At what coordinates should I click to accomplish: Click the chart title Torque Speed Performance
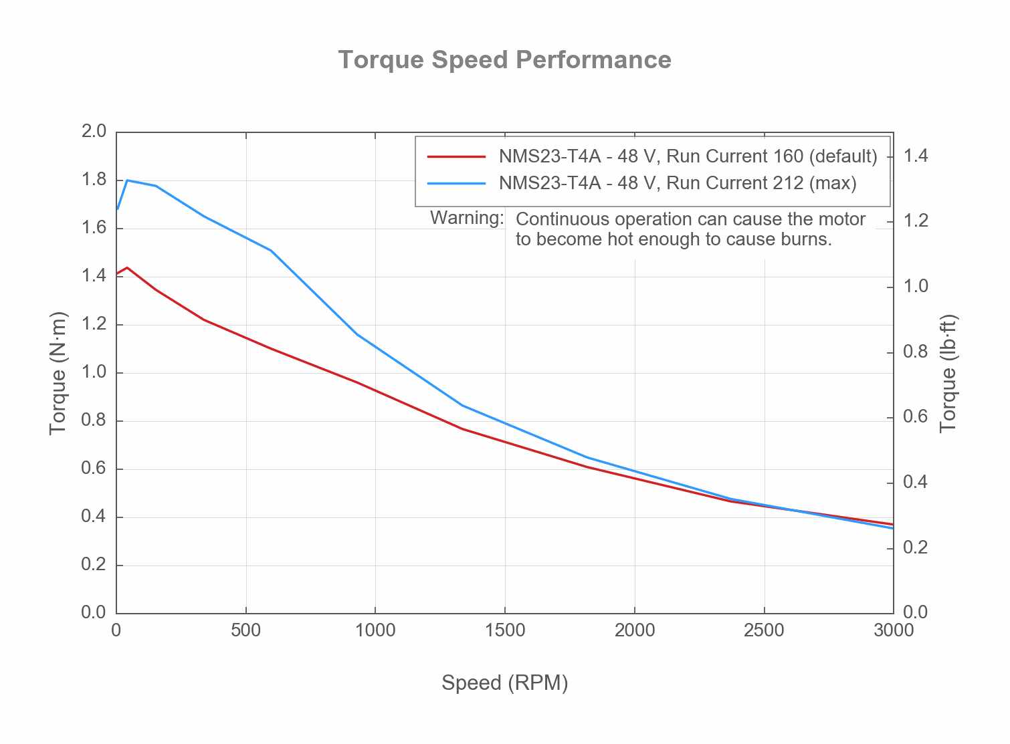[x=504, y=60]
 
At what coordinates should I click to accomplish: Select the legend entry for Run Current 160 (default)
[x=688, y=156]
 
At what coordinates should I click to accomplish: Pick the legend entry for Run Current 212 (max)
[x=677, y=183]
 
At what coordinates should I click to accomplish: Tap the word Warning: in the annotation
[x=467, y=218]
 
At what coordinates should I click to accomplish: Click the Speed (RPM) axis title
[x=504, y=683]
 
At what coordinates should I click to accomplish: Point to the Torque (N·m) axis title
[x=58, y=373]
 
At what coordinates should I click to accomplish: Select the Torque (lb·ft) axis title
[x=948, y=373]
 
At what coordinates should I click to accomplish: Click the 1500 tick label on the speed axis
[x=505, y=631]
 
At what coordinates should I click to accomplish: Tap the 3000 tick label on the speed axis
[x=894, y=631]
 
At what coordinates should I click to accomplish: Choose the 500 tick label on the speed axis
[x=246, y=631]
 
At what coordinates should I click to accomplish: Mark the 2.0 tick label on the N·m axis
[x=94, y=132]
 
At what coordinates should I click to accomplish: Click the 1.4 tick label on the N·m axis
[x=94, y=276]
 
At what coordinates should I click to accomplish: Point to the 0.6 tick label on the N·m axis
[x=94, y=469]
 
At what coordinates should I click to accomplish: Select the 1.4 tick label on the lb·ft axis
[x=916, y=156]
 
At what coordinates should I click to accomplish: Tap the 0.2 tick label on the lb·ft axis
[x=916, y=548]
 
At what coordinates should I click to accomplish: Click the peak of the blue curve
[x=127, y=180]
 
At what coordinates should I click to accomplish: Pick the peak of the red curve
[x=127, y=267]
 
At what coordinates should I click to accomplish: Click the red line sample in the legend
[x=456, y=156]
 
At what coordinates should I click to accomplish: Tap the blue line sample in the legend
[x=456, y=183]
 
